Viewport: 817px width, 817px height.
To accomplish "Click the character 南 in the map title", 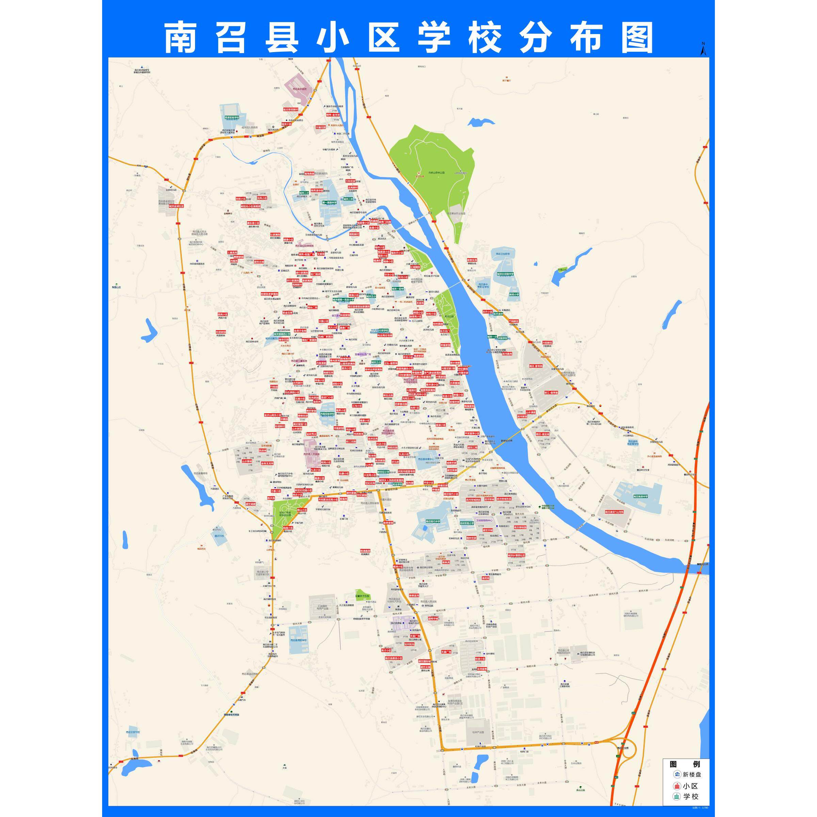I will pyautogui.click(x=180, y=38).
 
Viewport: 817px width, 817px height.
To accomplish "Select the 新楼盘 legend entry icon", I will pyautogui.click(x=677, y=774).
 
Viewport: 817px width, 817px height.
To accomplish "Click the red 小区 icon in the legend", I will pyautogui.click(x=677, y=785).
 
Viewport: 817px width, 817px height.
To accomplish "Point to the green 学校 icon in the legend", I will pyautogui.click(x=677, y=796).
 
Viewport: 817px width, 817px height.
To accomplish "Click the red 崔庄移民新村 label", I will pyautogui.click(x=290, y=109).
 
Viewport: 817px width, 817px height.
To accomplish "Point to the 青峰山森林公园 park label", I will pyautogui.click(x=436, y=173).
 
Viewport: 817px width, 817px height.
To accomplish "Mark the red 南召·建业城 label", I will pyautogui.click(x=543, y=434).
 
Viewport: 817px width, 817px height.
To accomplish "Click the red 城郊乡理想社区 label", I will pyautogui.click(x=516, y=555).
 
